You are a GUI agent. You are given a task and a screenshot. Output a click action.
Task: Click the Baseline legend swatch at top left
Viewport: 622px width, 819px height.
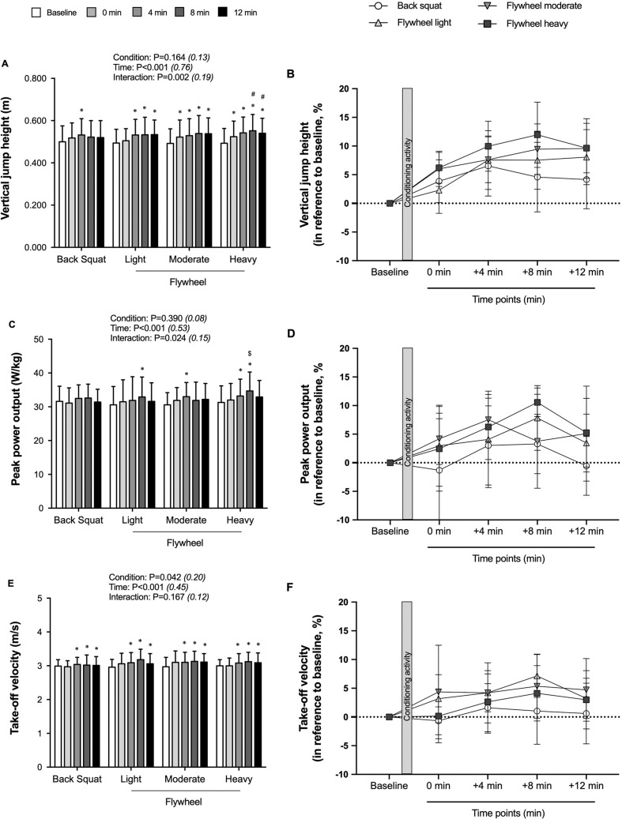[x=36, y=12]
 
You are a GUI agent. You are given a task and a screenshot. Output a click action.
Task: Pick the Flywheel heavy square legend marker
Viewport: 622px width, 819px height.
[x=487, y=24]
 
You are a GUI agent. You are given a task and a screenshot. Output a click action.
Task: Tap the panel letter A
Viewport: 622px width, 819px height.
[x=6, y=64]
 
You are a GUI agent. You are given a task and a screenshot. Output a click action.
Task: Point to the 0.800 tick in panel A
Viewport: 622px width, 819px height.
[x=36, y=78]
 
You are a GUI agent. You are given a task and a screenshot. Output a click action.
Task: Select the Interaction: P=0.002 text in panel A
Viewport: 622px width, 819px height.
[x=163, y=77]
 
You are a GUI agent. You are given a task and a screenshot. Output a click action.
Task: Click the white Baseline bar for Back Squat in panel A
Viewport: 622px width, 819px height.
[x=62, y=194]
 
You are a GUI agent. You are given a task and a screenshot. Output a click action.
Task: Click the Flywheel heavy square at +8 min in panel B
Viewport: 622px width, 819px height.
[x=537, y=135]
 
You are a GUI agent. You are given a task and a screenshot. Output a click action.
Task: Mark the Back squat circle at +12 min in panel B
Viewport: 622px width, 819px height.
[x=586, y=180]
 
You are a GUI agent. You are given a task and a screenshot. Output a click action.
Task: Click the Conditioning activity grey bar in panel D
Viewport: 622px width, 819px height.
[x=407, y=434]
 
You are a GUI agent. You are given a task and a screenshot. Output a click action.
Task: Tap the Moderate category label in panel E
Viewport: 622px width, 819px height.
[x=184, y=779]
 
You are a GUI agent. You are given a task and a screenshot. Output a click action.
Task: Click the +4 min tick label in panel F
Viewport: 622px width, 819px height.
[x=488, y=786]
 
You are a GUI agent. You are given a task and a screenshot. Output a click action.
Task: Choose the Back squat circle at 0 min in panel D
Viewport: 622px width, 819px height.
[x=439, y=470]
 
